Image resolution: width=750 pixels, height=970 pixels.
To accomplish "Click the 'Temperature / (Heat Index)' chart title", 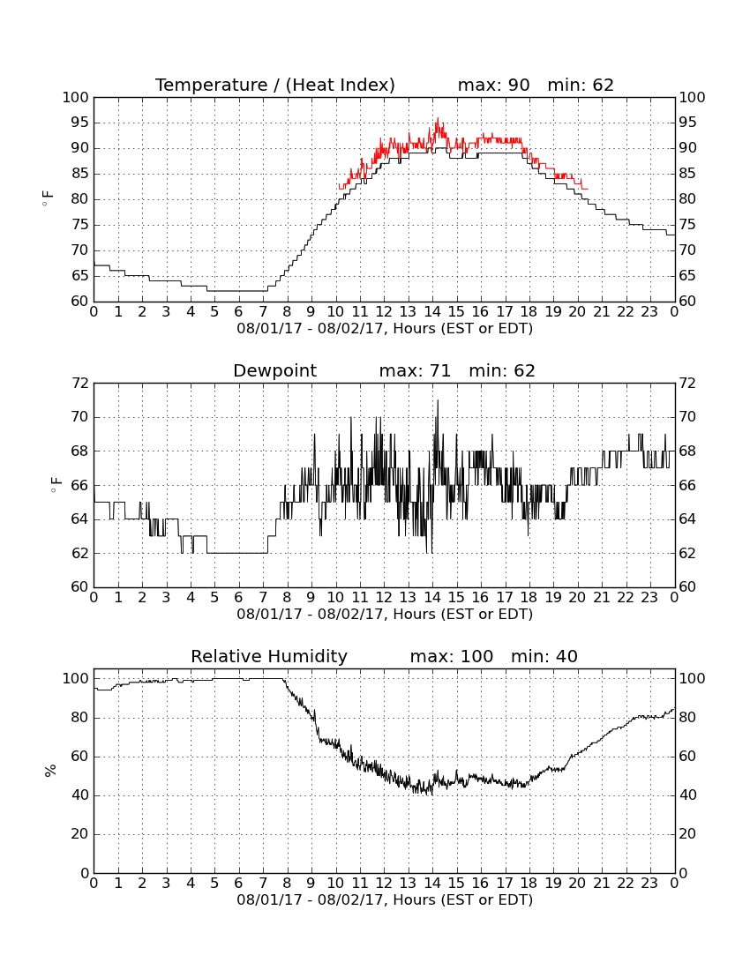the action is tap(274, 85).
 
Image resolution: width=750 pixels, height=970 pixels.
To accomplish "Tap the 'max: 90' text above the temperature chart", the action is tap(494, 85).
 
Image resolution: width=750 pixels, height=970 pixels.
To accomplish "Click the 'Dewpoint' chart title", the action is tap(274, 370).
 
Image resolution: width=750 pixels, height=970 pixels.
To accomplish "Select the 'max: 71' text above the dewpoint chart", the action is tap(415, 370).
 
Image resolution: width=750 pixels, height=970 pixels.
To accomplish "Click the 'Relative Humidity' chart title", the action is tap(269, 656).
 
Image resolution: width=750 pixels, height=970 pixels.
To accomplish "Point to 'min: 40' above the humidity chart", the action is tap(544, 656).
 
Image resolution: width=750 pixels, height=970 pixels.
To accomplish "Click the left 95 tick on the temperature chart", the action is tap(79, 123).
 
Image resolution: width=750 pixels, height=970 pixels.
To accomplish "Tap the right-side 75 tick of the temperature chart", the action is tap(687, 225).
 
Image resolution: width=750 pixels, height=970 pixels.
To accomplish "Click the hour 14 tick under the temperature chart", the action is tap(432, 312).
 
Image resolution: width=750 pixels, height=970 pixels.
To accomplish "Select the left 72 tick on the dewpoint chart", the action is tap(80, 383).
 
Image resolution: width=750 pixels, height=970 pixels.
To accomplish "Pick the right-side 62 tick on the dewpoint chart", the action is tap(687, 553).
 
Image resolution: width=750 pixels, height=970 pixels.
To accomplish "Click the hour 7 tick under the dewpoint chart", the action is tap(263, 598).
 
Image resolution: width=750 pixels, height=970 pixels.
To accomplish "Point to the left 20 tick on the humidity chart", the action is tap(80, 834).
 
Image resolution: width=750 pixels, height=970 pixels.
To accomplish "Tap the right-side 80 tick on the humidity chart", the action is tap(687, 718).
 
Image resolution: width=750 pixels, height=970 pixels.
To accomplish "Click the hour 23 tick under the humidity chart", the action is tap(649, 884).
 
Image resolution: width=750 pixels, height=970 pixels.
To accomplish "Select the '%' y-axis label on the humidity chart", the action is tap(50, 770).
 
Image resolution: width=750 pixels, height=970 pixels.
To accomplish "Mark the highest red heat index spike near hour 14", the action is tap(438, 118).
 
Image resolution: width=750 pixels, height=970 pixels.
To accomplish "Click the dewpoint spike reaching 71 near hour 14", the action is tap(438, 401).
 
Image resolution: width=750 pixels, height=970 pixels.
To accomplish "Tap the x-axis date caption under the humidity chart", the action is tap(385, 899).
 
